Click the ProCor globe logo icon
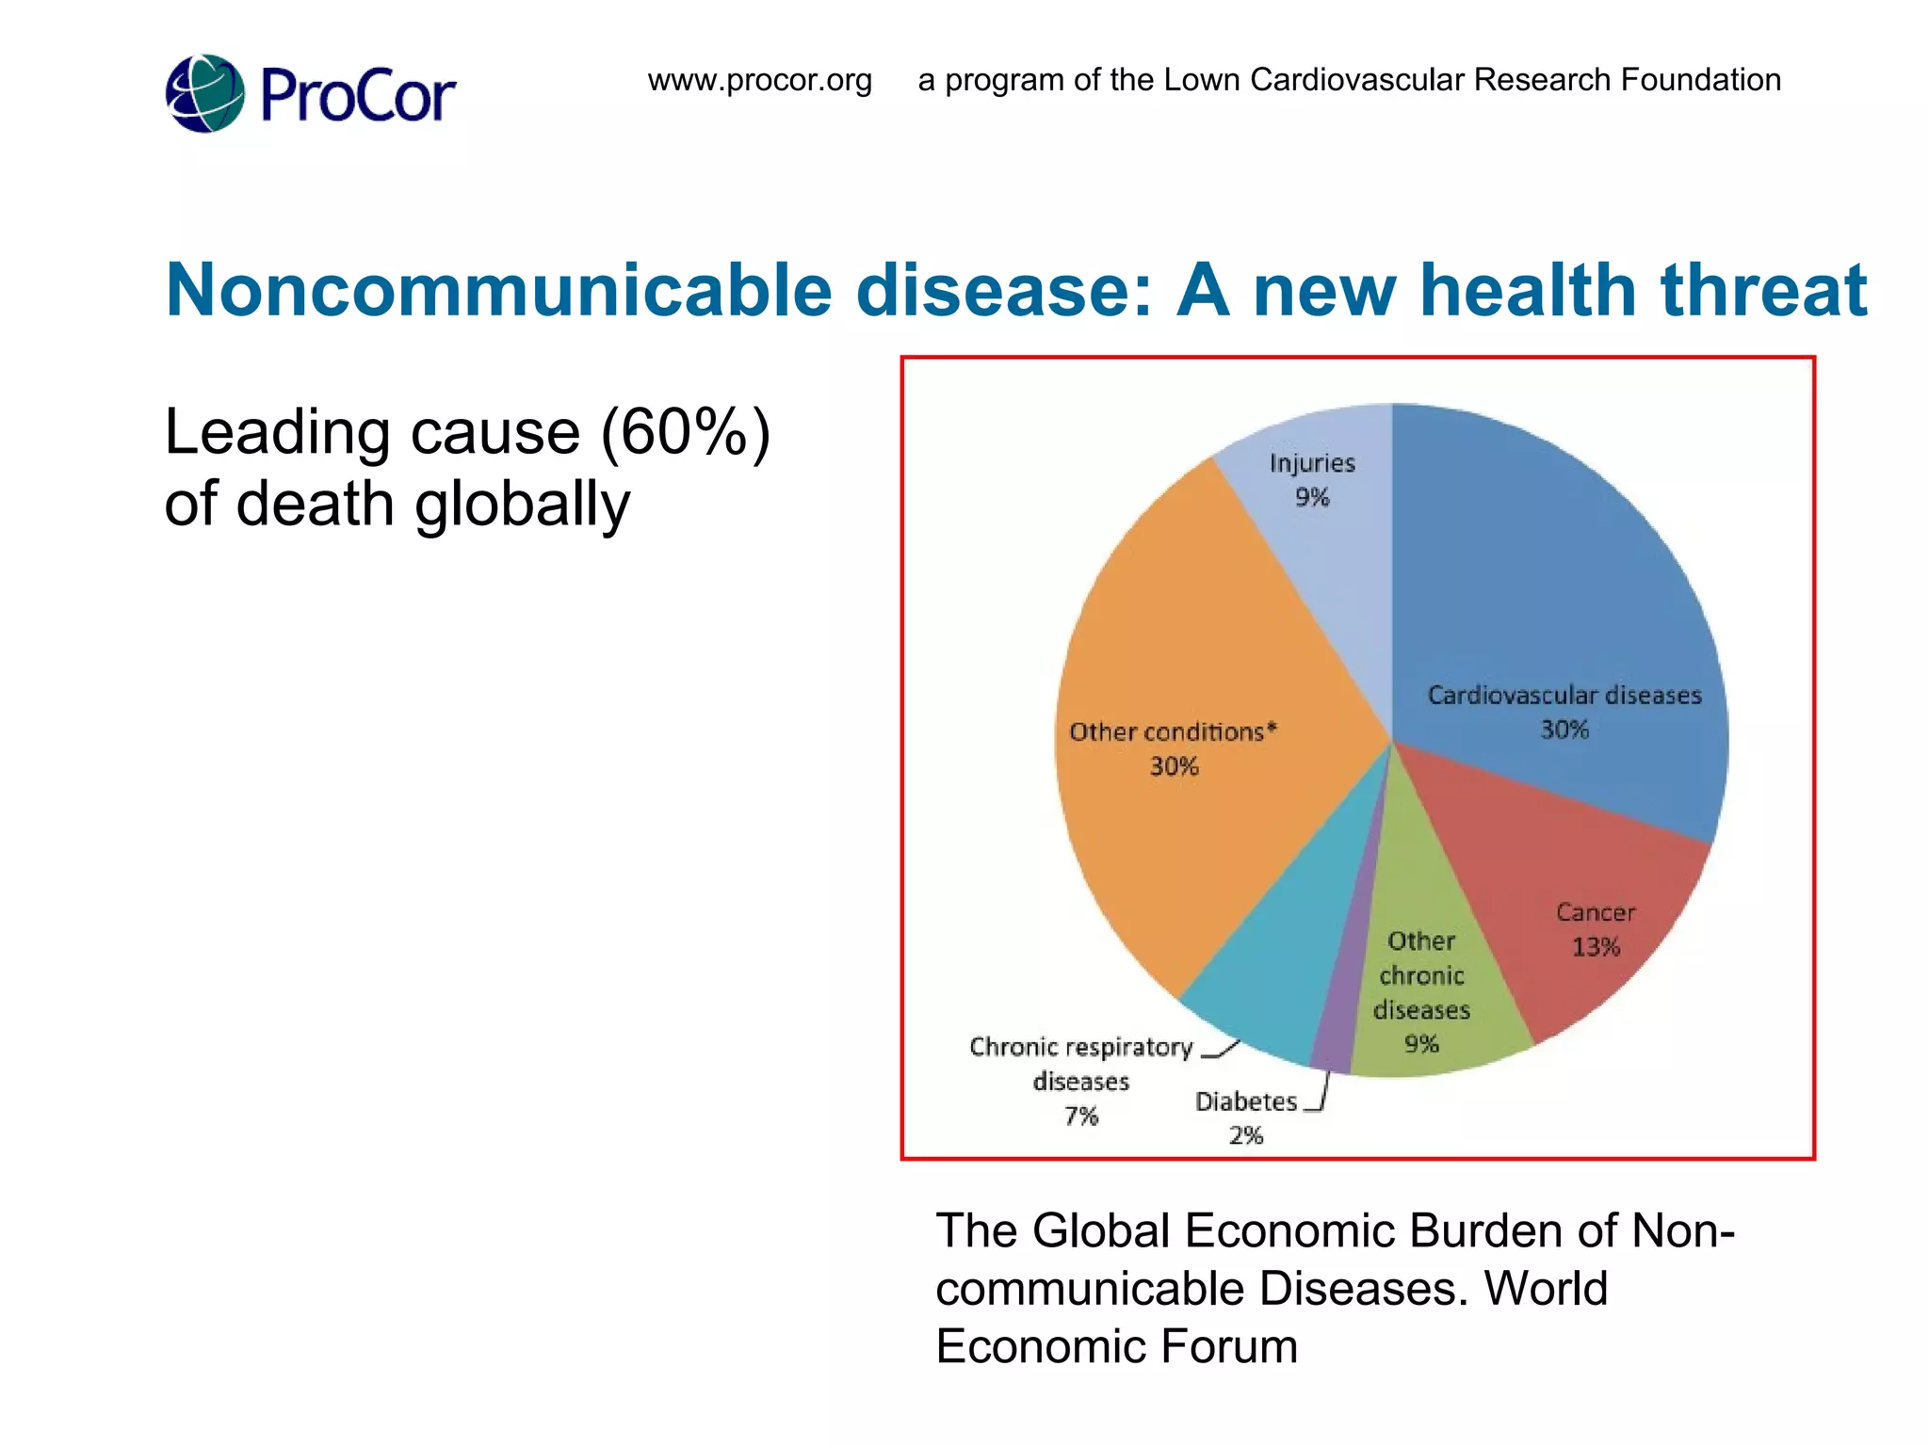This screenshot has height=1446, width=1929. pyautogui.click(x=205, y=93)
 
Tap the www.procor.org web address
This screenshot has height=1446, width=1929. pyautogui.click(x=759, y=80)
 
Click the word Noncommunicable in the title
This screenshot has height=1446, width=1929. pyautogui.click(x=498, y=290)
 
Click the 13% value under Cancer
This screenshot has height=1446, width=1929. pyautogui.click(x=1596, y=947)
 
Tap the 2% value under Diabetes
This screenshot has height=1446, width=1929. pyautogui.click(x=1245, y=1135)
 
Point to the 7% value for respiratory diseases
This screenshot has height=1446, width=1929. pyautogui.click(x=1081, y=1117)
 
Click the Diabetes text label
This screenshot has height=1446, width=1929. pyautogui.click(x=1245, y=1101)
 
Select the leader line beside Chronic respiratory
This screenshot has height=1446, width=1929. pyautogui.click(x=1222, y=1050)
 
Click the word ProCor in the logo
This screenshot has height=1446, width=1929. pyautogui.click(x=358, y=96)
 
